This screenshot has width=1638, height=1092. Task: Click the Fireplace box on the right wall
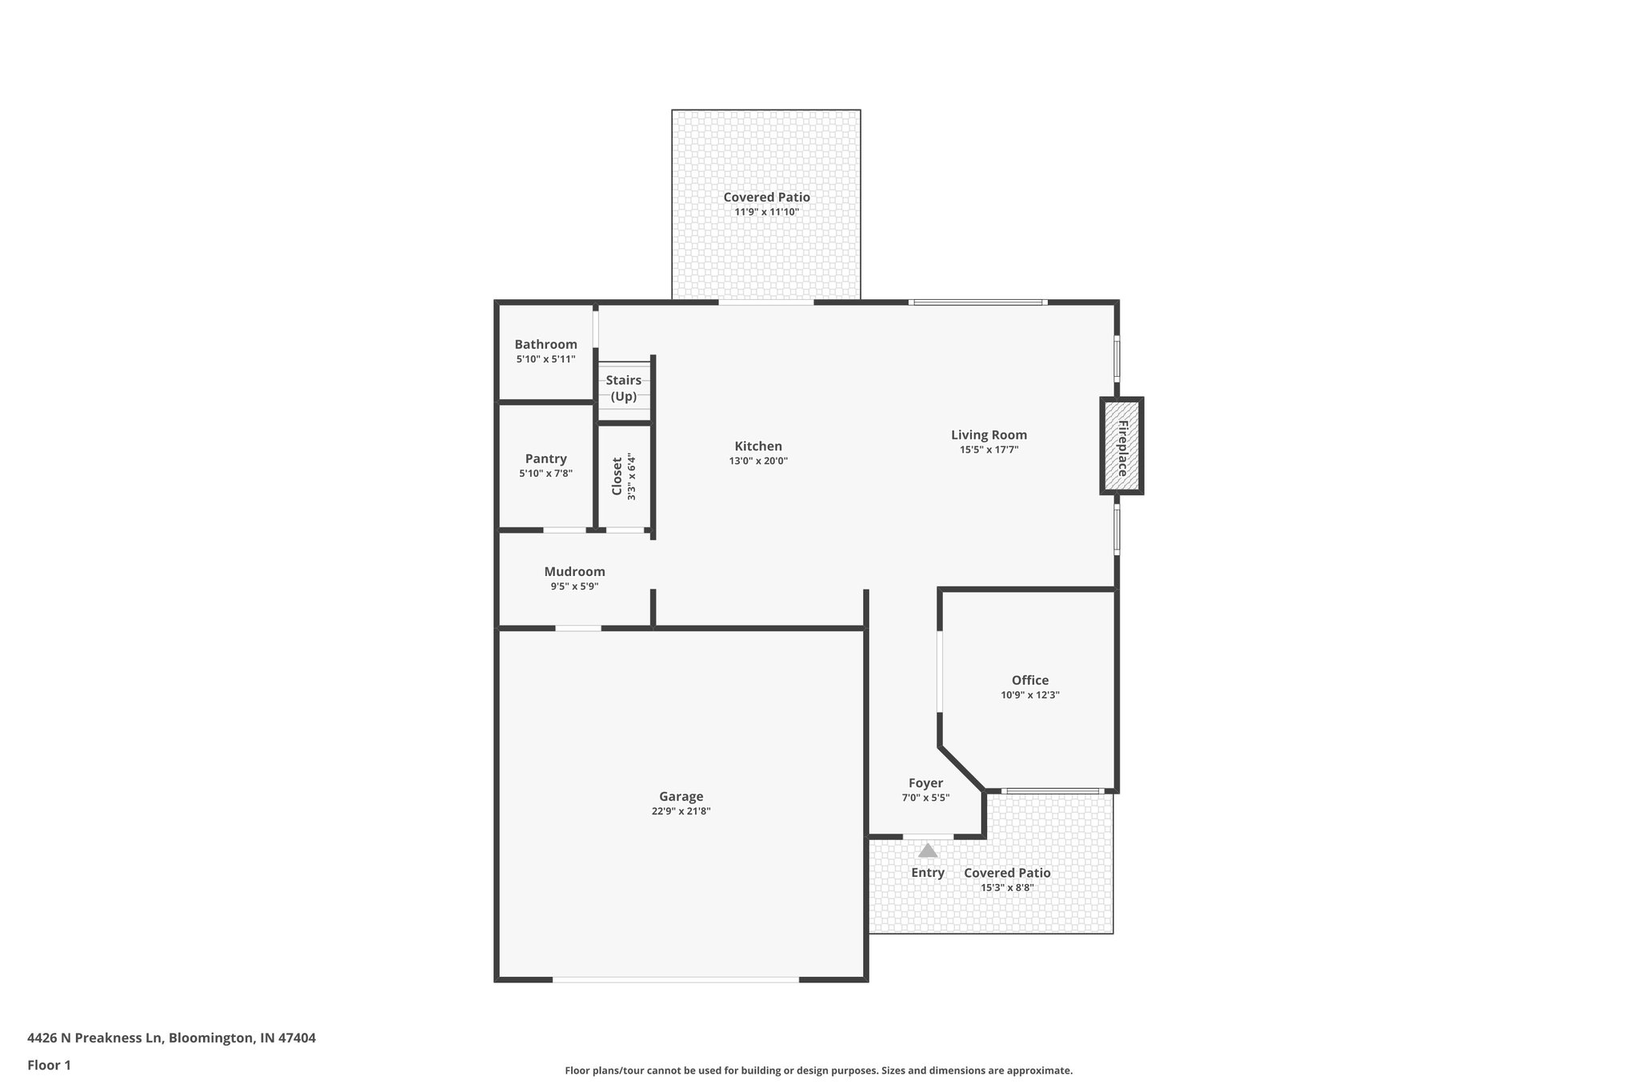[x=1121, y=446]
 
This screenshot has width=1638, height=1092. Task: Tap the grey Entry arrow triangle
[x=928, y=850]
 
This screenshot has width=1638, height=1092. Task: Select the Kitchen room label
[x=758, y=446]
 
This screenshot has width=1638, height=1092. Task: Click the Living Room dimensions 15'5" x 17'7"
[x=989, y=450]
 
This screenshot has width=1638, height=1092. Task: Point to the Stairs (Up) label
[x=623, y=388]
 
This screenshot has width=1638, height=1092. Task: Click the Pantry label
[x=545, y=459]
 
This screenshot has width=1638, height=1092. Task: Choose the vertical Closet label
[x=617, y=476]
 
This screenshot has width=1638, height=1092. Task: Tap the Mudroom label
[x=574, y=572]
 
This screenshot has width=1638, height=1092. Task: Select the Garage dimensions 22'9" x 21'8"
[x=681, y=811]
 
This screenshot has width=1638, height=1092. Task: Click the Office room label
[x=1029, y=681]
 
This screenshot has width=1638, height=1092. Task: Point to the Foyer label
[x=925, y=783]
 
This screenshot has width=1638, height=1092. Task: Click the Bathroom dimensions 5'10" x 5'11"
[x=545, y=360]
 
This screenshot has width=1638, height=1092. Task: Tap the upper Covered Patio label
[x=766, y=198]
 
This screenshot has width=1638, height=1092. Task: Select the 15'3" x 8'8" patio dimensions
[x=1007, y=888]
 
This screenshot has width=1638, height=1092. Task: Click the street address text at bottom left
[x=171, y=1038]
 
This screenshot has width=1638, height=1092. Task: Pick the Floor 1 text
[x=49, y=1066]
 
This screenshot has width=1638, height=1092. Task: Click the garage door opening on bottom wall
[x=675, y=979]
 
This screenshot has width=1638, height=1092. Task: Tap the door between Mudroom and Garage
[x=578, y=628]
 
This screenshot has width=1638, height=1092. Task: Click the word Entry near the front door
[x=928, y=873]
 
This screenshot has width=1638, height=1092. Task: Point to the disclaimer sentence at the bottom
[x=818, y=1070]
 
